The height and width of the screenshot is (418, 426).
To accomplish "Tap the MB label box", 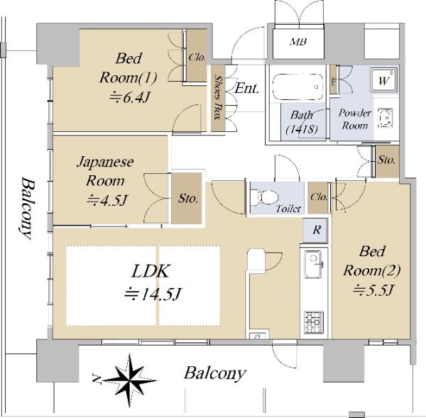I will pyautogui.click(x=299, y=42).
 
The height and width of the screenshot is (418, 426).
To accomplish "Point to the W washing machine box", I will pyautogui.click(x=384, y=81).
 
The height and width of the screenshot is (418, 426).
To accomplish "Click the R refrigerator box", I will pyautogui.click(x=317, y=230).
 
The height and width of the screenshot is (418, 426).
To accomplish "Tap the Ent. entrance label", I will pyautogui.click(x=246, y=89).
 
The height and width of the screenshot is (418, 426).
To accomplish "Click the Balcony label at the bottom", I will pyautogui.click(x=214, y=373).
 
